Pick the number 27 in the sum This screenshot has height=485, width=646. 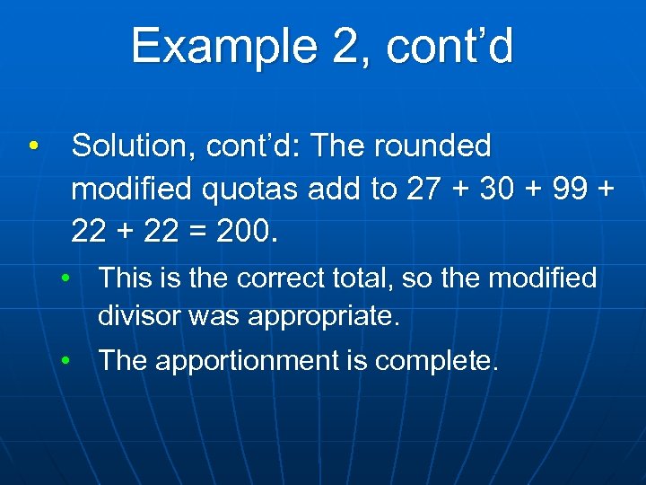coord(425,189)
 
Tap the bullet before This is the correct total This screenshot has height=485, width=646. coord(67,278)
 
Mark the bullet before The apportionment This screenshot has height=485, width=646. coord(67,361)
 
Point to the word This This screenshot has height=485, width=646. coord(125,278)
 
